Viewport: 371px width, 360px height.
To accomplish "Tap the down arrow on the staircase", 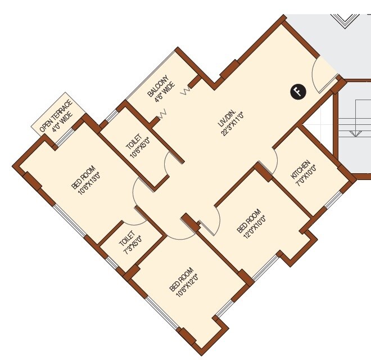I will (x=354, y=133).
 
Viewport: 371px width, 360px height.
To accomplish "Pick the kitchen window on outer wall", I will (x=333, y=201).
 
